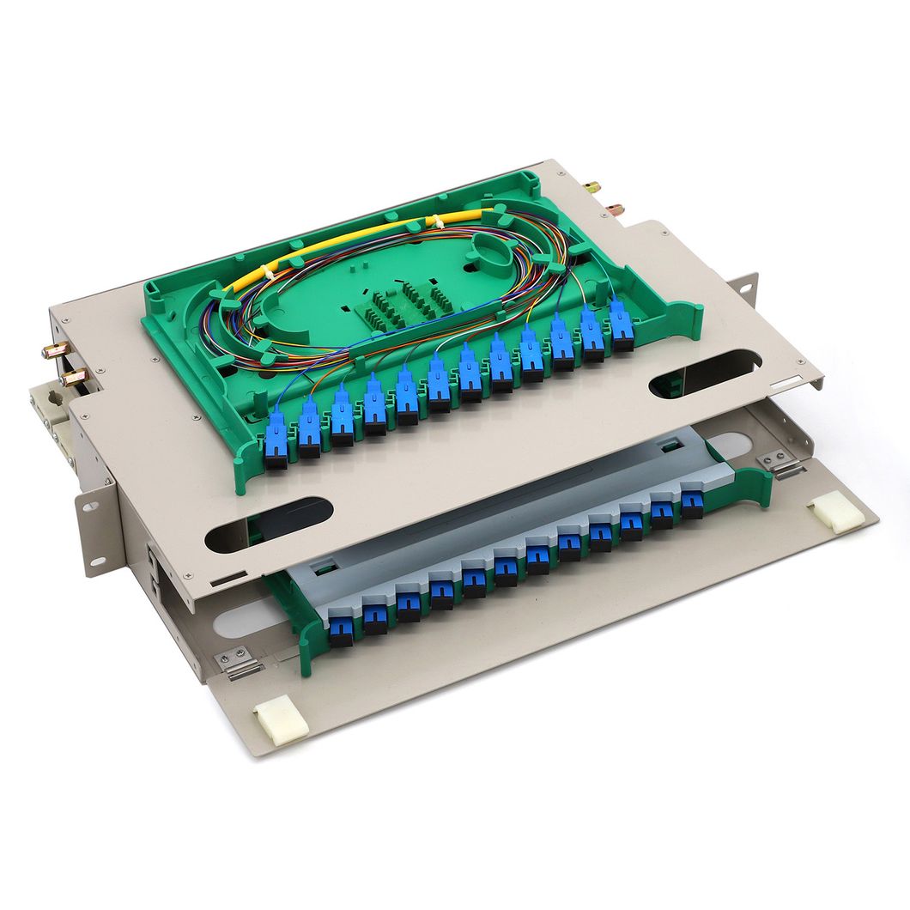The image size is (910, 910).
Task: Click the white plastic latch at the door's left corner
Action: [281, 722]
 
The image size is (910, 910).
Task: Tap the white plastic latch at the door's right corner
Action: [836, 513]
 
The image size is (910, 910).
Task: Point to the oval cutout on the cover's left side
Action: [270, 525]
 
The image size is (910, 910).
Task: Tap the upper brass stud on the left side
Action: [57, 350]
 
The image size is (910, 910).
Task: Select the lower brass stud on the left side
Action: [74, 375]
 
